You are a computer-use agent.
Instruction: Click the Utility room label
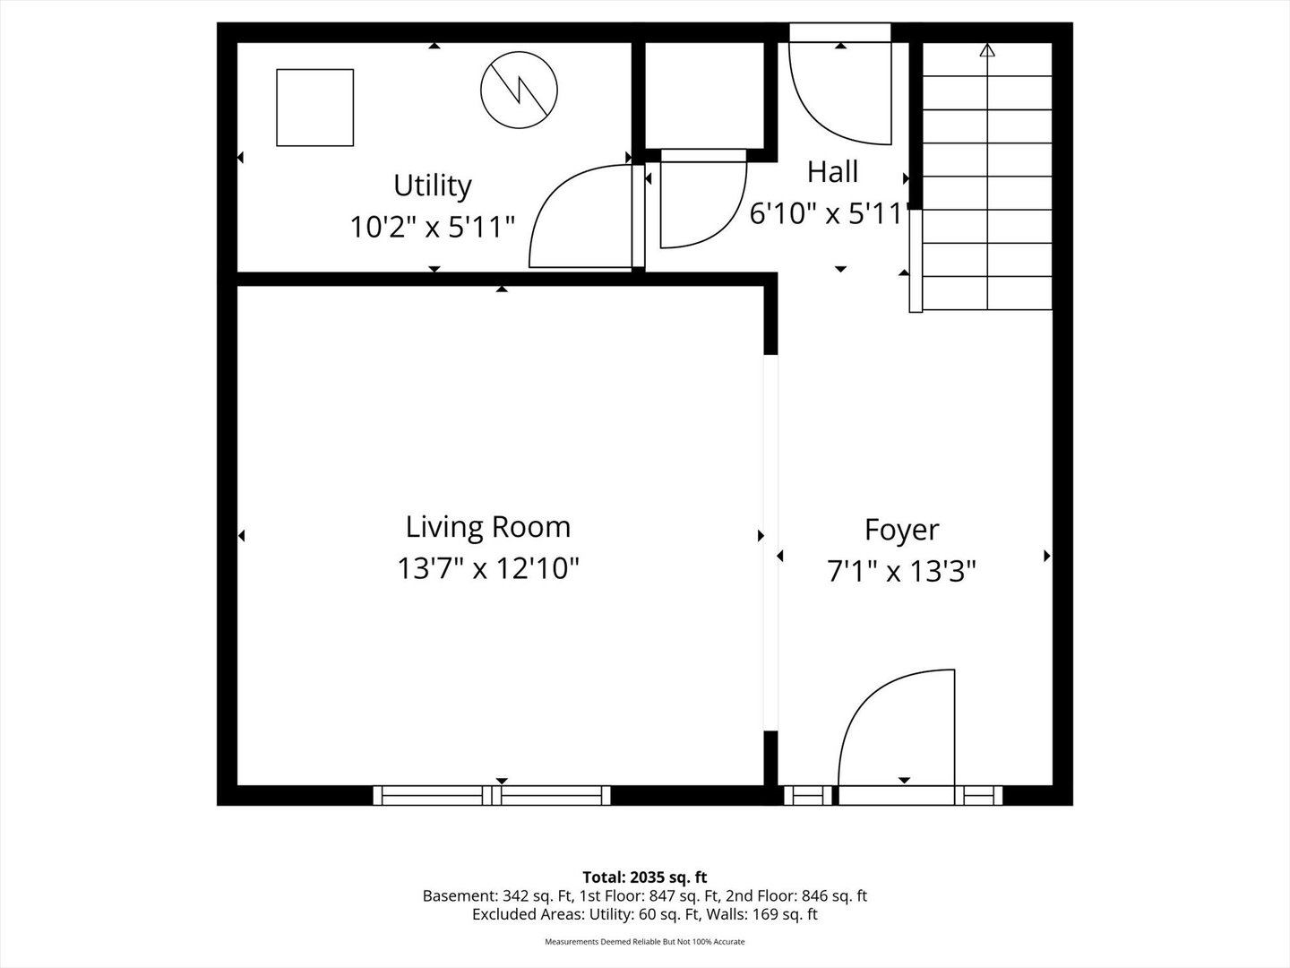point(433,186)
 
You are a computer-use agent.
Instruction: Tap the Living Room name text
point(488,527)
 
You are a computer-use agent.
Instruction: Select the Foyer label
point(901,530)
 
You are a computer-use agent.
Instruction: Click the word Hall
point(832,172)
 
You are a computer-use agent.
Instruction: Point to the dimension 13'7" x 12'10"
point(488,568)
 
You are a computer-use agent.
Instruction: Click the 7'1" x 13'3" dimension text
point(901,571)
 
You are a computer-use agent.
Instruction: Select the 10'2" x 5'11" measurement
point(433,227)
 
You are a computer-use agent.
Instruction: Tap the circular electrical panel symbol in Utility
point(519,90)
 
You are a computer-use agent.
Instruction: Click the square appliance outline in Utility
point(315,108)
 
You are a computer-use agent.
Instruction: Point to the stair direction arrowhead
point(987,50)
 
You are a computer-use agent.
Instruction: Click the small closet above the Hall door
point(705,95)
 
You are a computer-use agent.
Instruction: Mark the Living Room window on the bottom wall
point(492,796)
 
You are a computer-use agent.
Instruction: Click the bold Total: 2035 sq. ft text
point(645,877)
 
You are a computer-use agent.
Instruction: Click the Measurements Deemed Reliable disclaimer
point(645,942)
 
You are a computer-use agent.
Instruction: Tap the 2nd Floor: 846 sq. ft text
point(796,896)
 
